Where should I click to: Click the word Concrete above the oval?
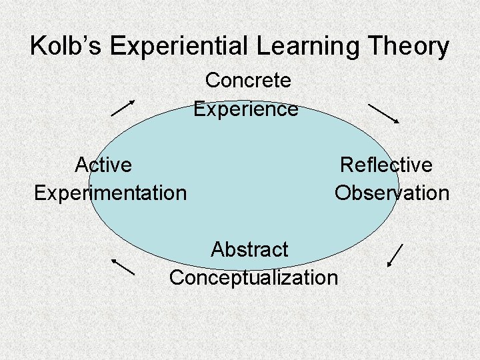(x=248, y=81)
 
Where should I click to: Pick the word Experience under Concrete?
(x=246, y=109)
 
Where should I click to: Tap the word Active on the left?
(x=103, y=164)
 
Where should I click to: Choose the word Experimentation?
(x=111, y=193)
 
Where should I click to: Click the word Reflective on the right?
(x=386, y=164)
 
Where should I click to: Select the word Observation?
(x=392, y=193)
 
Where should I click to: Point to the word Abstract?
(x=249, y=249)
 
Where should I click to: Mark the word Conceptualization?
(x=253, y=277)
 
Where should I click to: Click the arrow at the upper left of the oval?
(x=123, y=108)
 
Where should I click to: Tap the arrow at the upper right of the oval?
(x=383, y=113)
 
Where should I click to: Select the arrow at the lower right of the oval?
(x=395, y=255)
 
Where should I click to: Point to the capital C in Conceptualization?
(x=177, y=277)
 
